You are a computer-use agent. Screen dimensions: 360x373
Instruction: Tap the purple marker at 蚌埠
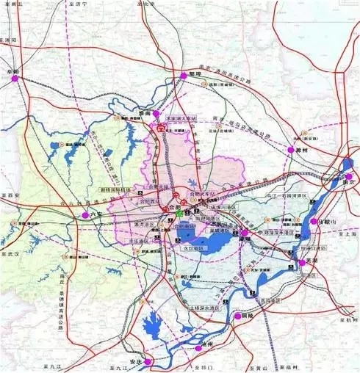[182, 75]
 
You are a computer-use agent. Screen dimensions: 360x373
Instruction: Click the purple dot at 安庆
[148, 361]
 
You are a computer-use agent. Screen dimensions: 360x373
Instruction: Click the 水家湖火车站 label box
[181, 115]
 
